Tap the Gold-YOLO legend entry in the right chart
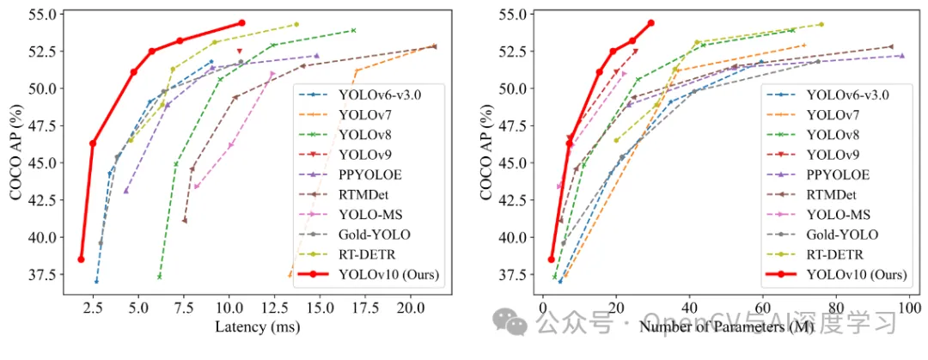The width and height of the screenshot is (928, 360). (835, 235)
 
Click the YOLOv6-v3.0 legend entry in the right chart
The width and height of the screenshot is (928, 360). (846, 95)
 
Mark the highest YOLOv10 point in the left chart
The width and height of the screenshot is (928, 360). (241, 23)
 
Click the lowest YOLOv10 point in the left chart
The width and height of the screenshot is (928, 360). (81, 259)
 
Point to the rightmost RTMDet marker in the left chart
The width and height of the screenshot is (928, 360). (434, 46)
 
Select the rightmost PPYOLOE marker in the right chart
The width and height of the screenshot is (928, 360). (901, 56)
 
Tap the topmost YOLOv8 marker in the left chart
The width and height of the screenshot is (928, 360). (353, 30)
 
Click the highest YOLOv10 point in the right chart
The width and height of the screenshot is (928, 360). (650, 23)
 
